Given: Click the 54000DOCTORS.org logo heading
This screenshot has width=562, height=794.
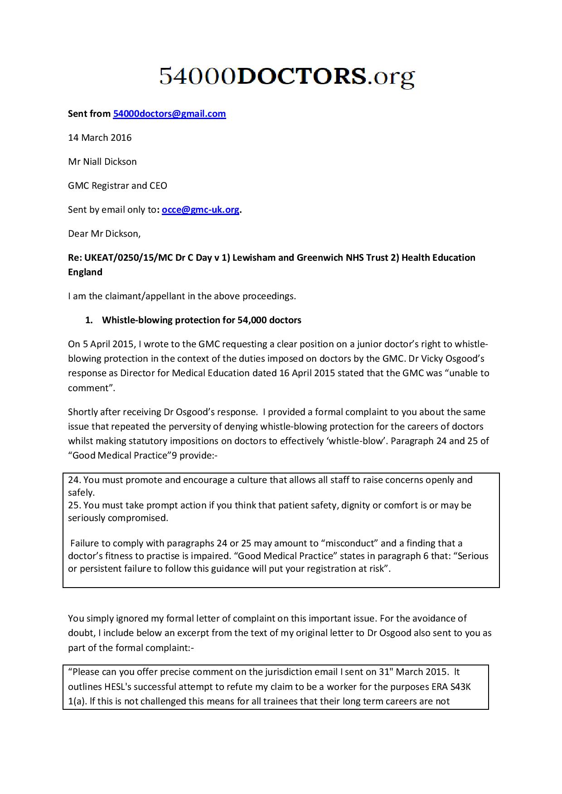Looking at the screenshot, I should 287,77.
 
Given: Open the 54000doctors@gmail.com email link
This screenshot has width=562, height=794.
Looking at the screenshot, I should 169,114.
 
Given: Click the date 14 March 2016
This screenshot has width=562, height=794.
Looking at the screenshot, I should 100,138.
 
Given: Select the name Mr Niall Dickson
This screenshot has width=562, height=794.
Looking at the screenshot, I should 102,162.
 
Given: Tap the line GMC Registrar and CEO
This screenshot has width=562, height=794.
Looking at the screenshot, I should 117,186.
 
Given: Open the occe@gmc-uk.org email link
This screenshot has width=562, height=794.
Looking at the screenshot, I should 200,210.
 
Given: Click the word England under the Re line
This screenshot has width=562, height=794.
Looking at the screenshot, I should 85,272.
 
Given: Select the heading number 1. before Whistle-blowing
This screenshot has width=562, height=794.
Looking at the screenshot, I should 89,320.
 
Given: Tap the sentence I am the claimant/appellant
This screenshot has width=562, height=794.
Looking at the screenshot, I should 181,296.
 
